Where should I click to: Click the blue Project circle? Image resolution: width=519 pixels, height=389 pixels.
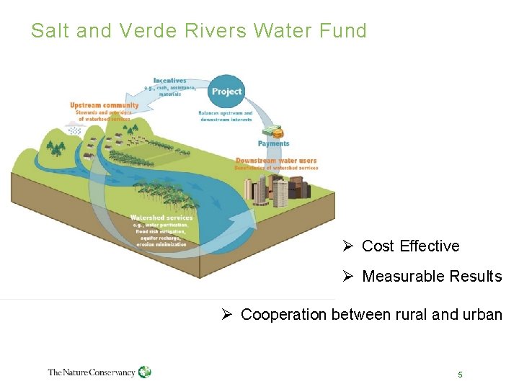tap(226, 91)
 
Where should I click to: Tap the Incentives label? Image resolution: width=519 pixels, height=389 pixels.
tap(170, 81)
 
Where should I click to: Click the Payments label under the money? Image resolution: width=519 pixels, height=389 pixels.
tap(274, 143)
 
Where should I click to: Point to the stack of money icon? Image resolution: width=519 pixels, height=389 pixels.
tap(272, 131)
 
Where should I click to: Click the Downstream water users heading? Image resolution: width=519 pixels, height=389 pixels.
tap(277, 160)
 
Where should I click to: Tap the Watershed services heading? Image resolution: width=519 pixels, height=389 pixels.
tap(161, 218)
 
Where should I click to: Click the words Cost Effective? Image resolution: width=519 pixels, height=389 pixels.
tap(410, 246)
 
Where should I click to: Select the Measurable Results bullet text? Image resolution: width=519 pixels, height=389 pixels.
tap(432, 277)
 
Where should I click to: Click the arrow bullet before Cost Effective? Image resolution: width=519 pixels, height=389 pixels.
tap(347, 246)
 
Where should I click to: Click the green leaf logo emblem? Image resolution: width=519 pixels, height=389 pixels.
tap(145, 372)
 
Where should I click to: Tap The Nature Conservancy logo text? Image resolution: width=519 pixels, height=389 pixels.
tap(92, 372)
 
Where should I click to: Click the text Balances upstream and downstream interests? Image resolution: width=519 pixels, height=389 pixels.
tap(226, 116)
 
